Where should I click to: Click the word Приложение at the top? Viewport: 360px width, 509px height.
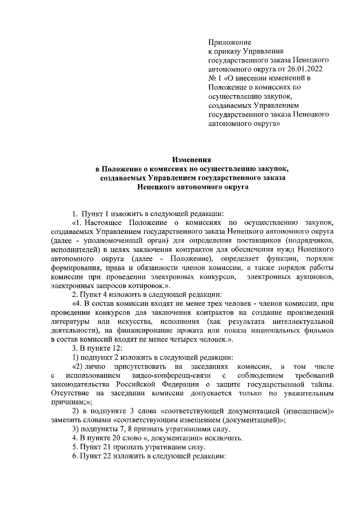point(229,42)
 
